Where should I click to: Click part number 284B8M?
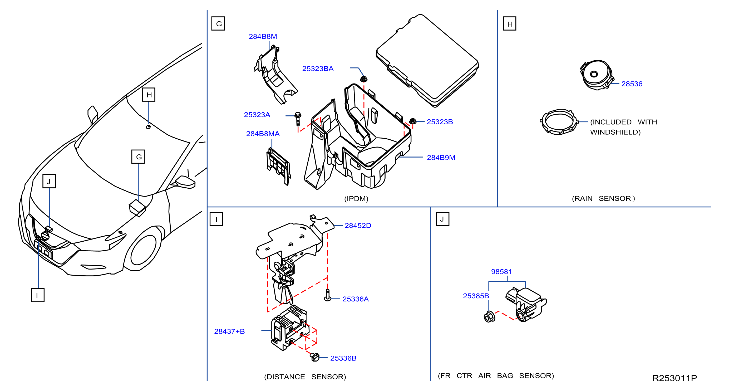263,37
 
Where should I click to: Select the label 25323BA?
318,69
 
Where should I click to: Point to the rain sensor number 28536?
632,84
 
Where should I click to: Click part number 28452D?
358,225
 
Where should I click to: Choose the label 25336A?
356,299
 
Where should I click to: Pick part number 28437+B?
229,331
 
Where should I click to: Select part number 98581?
501,272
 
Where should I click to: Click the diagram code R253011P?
674,378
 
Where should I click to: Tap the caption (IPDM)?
356,198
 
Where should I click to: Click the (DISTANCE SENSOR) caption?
305,377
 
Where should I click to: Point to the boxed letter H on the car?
149,95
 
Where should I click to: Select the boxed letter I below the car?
38,295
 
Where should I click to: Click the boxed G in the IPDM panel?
218,23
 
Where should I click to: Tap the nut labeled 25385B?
489,316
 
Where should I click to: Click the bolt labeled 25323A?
298,119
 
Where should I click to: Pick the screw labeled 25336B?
314,357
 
